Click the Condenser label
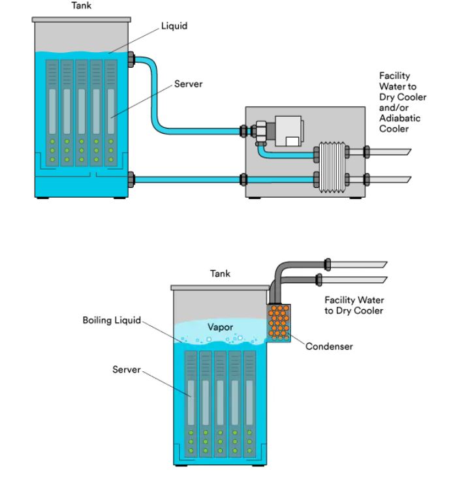(329, 346)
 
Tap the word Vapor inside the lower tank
(220, 327)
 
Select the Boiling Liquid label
(112, 320)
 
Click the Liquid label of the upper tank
(174, 25)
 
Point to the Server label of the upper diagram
(188, 84)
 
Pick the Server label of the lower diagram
(127, 369)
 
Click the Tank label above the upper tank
(82, 5)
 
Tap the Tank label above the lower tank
(220, 273)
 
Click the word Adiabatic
(400, 118)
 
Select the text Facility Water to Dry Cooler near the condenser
(354, 305)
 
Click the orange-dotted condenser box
(279, 323)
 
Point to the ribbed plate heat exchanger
(332, 167)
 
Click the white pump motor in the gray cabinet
(289, 131)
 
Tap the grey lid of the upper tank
(82, 20)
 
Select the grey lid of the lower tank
(220, 288)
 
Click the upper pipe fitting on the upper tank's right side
(131, 59)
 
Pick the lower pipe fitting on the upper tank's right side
(131, 179)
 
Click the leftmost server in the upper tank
(52, 113)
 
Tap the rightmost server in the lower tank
(249, 404)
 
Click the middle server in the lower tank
(220, 404)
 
